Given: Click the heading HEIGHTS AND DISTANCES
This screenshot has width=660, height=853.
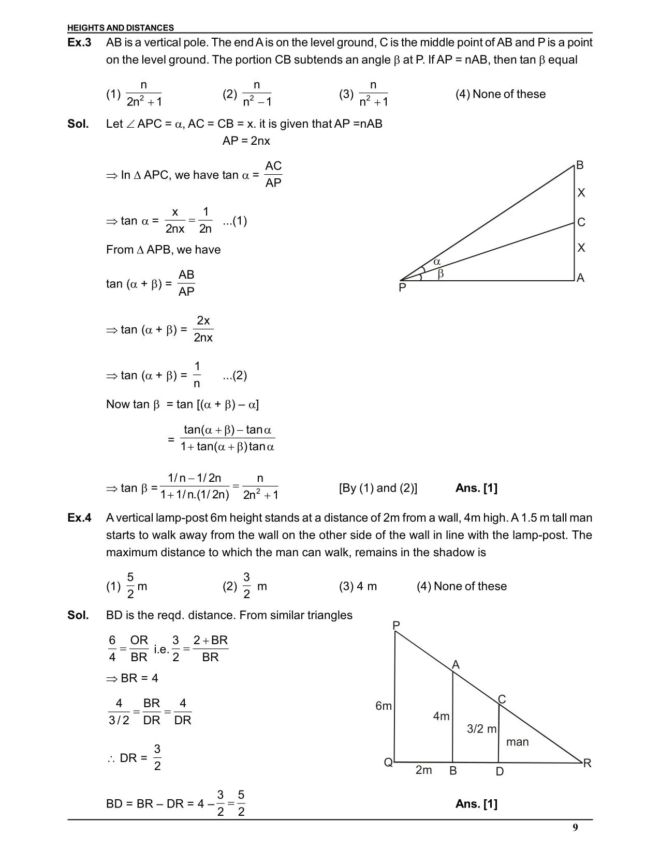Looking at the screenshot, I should (x=121, y=28).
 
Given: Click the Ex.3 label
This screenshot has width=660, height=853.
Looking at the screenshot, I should (x=79, y=43).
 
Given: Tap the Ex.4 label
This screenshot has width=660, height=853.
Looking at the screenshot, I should (x=79, y=518).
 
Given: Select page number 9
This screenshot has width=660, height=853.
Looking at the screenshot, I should (x=575, y=828).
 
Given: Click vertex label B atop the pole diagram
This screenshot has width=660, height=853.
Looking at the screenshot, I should (x=580, y=165).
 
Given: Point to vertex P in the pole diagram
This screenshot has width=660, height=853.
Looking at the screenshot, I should (x=402, y=288).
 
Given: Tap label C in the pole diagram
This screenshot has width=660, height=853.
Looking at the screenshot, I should (x=581, y=222).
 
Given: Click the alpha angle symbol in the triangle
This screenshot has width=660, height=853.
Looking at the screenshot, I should (x=437, y=263).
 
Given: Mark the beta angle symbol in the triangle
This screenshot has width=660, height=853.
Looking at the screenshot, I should (x=441, y=275).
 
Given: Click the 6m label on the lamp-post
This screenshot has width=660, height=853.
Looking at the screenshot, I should (x=384, y=706).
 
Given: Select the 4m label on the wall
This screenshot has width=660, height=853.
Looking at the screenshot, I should (x=441, y=716).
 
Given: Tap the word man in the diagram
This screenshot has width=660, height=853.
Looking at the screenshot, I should (x=517, y=742).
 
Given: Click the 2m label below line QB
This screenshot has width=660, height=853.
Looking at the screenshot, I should (x=423, y=770).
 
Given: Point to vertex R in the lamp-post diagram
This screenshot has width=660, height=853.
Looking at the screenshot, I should (x=587, y=764).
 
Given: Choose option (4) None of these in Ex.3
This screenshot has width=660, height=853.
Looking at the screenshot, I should (x=501, y=94).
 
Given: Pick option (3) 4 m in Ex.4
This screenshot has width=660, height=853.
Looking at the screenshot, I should (x=358, y=586).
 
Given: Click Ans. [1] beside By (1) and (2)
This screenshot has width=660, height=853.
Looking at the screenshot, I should (x=476, y=488).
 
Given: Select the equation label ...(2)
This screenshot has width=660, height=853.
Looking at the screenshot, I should (x=234, y=376).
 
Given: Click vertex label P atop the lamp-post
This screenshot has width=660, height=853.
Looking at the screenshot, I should (x=396, y=626).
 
